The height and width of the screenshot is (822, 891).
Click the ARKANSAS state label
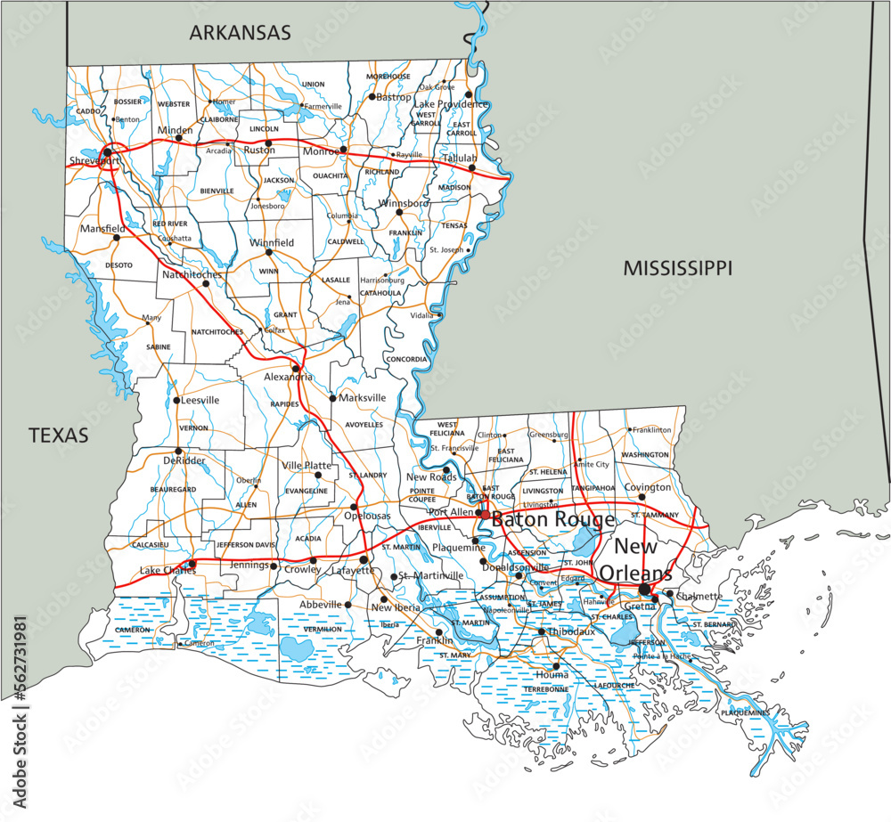(240, 33)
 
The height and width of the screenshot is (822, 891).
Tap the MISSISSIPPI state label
(677, 267)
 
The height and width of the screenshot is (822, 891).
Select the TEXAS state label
(59, 435)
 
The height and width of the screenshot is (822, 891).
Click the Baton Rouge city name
(552, 519)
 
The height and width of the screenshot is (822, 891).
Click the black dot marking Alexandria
(296, 367)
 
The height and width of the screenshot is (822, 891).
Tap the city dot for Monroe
(343, 151)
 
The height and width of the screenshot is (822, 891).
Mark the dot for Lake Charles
(192, 564)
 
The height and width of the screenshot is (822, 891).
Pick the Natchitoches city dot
(205, 283)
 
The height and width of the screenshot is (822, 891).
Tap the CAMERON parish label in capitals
(132, 630)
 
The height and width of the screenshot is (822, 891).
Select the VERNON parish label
(193, 428)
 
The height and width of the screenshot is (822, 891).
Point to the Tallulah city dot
(473, 167)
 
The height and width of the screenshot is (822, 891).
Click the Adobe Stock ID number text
(16, 657)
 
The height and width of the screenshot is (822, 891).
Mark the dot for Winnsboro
(399, 212)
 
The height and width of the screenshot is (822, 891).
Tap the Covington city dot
(641, 498)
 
